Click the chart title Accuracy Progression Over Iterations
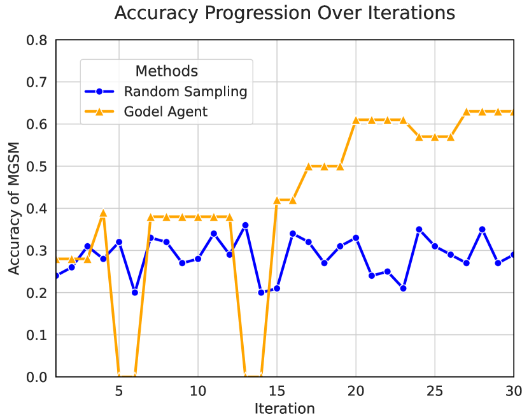click(285, 13)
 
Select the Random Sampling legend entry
click(185, 91)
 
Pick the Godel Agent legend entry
click(166, 112)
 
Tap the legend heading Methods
click(166, 71)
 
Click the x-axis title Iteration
click(284, 407)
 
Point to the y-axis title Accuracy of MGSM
click(14, 209)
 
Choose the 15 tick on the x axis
click(277, 390)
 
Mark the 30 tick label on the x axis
click(514, 390)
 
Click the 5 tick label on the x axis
click(119, 390)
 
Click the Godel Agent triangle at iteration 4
click(103, 213)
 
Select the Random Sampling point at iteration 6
click(134, 293)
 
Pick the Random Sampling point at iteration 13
click(245, 225)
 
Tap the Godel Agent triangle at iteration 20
click(356, 120)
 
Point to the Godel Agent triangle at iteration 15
click(277, 200)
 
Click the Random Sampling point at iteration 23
click(403, 288)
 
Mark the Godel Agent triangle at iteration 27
click(467, 111)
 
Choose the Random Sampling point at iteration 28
click(482, 229)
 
